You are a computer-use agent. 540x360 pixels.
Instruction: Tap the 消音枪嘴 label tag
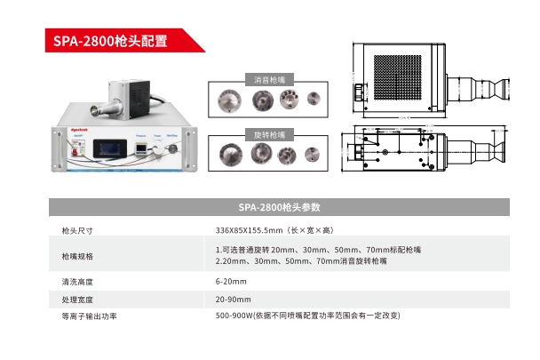click(x=270, y=80)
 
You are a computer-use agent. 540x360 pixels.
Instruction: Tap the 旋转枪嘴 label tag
click(x=270, y=135)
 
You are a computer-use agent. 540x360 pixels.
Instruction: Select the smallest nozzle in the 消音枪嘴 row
click(x=312, y=98)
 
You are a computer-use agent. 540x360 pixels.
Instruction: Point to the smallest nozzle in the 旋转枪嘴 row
click(x=312, y=153)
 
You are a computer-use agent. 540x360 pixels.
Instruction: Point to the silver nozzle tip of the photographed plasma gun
click(x=92, y=111)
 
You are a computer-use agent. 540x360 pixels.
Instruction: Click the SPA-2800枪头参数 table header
click(x=279, y=208)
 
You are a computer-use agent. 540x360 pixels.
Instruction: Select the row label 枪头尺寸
click(x=76, y=230)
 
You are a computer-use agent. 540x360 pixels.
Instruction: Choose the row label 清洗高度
click(x=76, y=282)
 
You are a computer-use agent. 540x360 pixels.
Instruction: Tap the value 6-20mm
click(x=230, y=282)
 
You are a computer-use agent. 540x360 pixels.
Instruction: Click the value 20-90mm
click(x=233, y=299)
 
